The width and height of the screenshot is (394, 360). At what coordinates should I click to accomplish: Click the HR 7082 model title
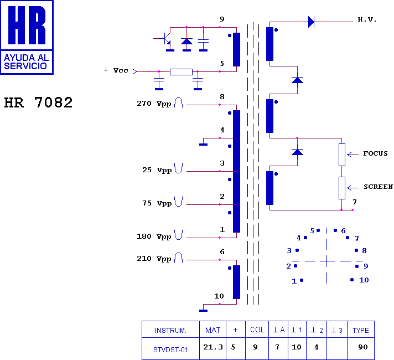pos(38,102)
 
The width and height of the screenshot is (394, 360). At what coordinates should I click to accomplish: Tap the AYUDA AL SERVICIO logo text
pos(27,62)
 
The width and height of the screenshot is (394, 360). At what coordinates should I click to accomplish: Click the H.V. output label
pos(367,19)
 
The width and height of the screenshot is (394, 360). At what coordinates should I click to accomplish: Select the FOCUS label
pos(375,153)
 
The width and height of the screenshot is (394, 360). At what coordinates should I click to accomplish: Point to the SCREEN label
pos(379,187)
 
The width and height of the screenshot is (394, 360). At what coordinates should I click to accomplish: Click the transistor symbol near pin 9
pos(166,39)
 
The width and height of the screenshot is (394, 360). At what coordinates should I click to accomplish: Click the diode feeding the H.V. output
pos(312,22)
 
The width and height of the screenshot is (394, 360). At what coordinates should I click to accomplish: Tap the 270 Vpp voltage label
pos(154,104)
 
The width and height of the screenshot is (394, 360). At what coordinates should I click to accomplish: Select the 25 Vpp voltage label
pos(157,170)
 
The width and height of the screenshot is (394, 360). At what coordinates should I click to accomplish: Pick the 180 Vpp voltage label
pos(154,236)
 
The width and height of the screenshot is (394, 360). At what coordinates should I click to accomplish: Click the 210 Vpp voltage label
pos(154,259)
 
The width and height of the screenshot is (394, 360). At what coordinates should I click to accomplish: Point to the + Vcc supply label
pos(116,70)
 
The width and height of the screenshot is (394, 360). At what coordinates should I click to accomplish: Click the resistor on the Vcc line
pos(181,72)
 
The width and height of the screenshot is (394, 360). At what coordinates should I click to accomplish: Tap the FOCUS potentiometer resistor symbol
pos(342,155)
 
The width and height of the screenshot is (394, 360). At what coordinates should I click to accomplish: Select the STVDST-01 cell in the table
pos(170,350)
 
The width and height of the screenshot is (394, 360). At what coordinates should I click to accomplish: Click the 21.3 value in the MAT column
pos(213,347)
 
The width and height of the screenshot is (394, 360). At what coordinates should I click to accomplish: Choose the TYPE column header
pos(361,330)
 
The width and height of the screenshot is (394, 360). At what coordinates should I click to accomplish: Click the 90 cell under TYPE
pos(363,347)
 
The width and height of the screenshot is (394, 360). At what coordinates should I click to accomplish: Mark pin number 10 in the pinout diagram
pos(364,280)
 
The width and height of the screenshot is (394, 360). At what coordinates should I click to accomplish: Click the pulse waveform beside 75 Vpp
pos(179,202)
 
